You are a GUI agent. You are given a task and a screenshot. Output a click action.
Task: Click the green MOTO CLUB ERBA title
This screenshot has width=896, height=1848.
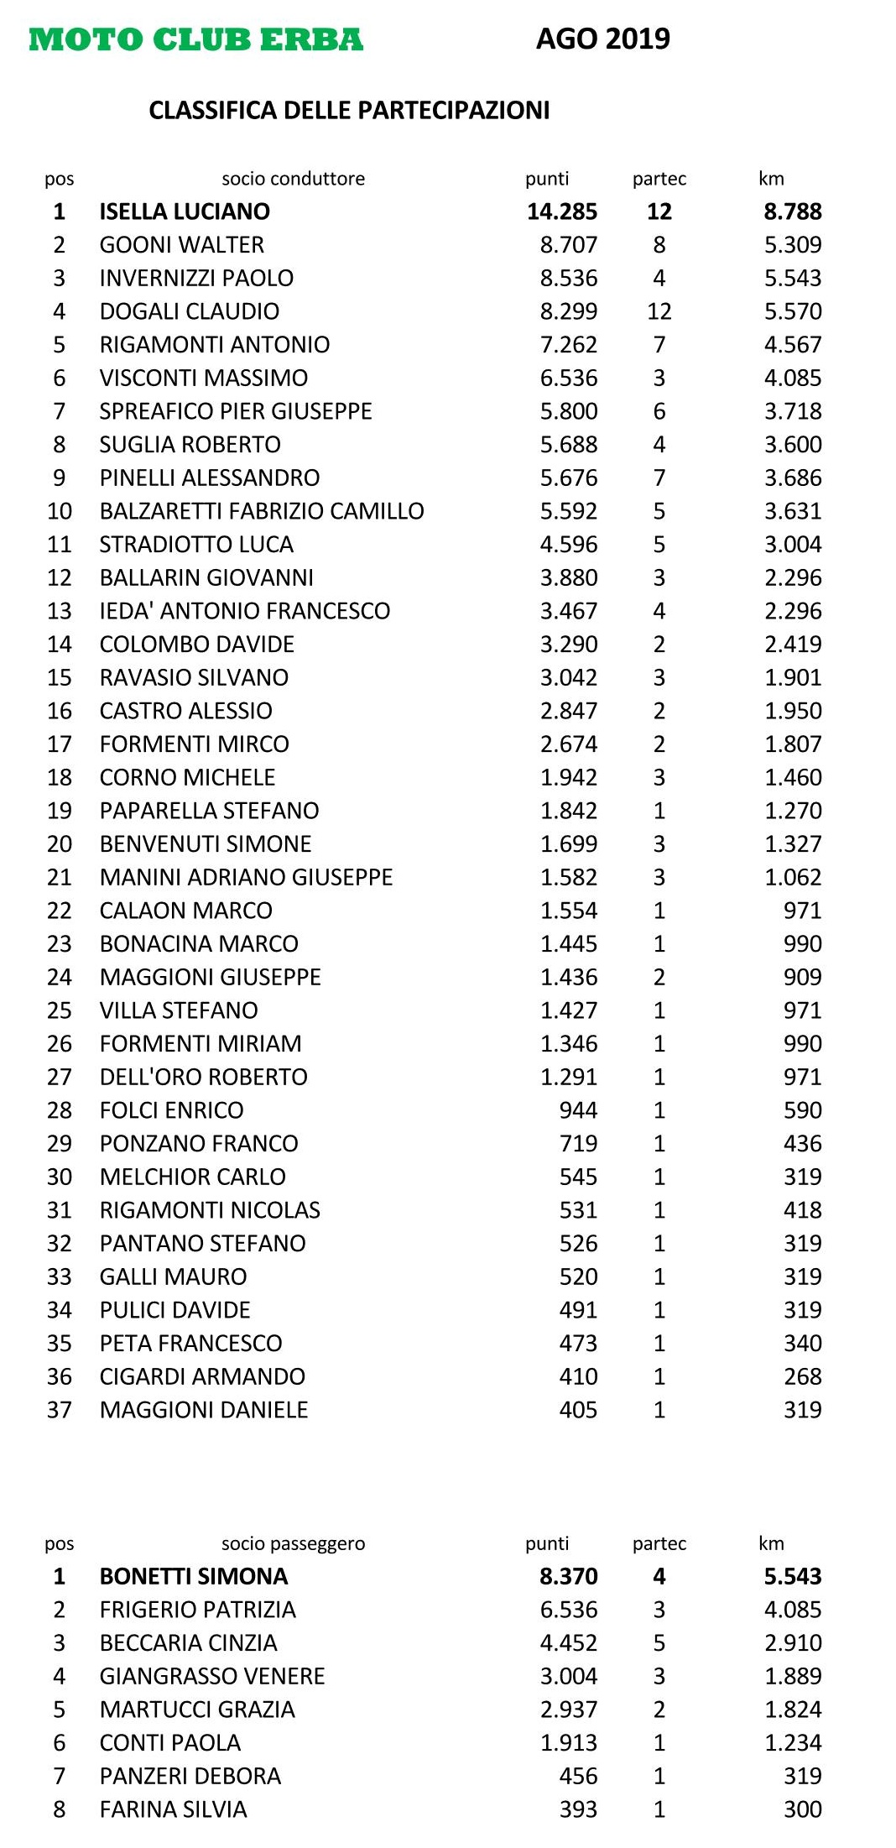pos(196,39)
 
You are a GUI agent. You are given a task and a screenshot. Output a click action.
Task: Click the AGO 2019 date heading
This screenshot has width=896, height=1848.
pos(602,39)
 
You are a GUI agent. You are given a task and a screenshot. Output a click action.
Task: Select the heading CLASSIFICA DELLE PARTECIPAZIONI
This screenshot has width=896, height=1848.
pos(349,110)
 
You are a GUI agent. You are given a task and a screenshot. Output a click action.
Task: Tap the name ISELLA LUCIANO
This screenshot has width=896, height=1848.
pos(185,211)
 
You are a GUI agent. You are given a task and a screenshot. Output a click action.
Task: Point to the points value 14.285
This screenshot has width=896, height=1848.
pos(561,211)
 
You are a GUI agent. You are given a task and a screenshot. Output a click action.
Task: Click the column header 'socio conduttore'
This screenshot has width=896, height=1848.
pos(293,179)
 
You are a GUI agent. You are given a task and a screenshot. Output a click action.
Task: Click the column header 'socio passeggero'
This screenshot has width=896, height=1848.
pos(293,1543)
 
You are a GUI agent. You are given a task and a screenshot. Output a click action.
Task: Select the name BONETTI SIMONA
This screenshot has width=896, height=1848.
pos(193,1576)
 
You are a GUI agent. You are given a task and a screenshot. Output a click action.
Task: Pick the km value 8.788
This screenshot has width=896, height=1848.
pos(792,211)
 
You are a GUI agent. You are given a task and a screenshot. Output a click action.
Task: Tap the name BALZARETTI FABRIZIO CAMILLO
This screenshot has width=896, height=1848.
pos(262,511)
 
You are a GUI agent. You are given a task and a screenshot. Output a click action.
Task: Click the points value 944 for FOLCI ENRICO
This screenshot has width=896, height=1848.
pos(578,1110)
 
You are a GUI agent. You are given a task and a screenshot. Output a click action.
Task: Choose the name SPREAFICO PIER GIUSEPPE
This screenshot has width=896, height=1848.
pos(236,411)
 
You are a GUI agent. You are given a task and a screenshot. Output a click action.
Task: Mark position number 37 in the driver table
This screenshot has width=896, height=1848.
pos(60,1410)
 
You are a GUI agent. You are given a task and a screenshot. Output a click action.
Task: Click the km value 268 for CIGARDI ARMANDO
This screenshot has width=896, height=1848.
pos(802,1376)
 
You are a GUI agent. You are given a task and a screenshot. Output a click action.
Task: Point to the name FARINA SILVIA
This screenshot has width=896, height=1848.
pos(173,1809)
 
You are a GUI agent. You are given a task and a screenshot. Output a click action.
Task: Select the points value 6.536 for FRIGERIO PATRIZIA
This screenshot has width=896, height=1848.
pos(568,1610)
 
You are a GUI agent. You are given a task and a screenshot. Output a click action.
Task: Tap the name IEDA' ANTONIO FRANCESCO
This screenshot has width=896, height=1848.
pos(244,611)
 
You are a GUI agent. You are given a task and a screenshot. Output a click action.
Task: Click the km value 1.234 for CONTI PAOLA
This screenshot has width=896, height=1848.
pos(792,1742)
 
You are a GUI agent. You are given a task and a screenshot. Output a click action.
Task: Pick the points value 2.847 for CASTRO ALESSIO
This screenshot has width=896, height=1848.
pos(568,711)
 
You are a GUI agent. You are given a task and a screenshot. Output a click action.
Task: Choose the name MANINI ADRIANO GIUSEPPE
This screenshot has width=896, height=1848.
pos(246,877)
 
